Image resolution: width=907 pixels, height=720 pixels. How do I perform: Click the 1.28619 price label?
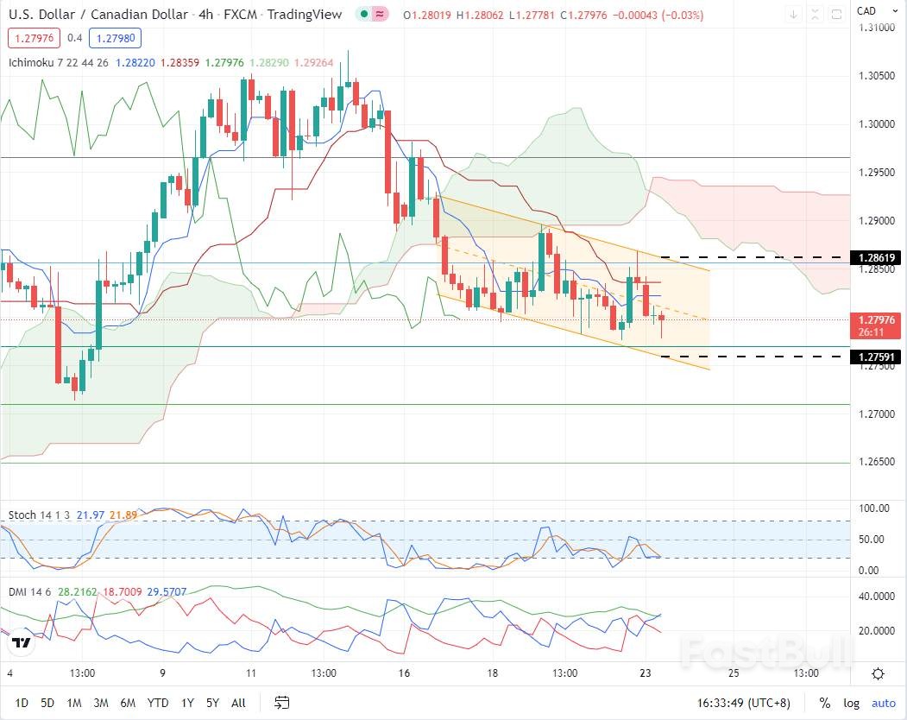(875, 257)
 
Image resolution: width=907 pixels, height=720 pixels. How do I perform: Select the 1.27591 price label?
(875, 357)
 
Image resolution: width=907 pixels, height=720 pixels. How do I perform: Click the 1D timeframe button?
(22, 703)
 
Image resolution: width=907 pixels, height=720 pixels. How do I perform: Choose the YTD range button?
(158, 703)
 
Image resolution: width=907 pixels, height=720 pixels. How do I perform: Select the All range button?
(239, 703)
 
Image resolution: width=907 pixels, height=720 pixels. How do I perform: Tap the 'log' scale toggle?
(851, 703)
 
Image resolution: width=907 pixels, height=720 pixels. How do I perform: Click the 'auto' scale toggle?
(884, 703)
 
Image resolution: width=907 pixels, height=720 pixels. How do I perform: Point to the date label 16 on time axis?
(404, 673)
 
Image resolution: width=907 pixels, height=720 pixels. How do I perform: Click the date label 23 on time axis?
(645, 673)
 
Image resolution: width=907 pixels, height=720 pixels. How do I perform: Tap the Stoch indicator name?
(22, 515)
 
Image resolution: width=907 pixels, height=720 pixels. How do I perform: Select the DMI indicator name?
(20, 594)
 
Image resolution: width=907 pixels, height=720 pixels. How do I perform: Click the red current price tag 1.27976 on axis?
(875, 319)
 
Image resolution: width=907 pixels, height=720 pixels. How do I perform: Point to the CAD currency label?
(866, 10)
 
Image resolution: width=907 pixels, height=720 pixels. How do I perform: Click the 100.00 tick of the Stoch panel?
(872, 508)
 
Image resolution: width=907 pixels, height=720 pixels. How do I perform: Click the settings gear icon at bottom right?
(878, 673)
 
